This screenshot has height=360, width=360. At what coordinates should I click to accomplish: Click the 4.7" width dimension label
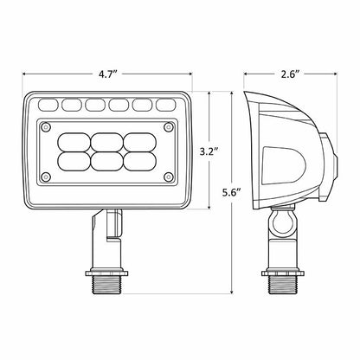point(107,74)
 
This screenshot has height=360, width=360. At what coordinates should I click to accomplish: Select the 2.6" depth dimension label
point(291,74)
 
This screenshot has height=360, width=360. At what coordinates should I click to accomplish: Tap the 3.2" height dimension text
point(209,151)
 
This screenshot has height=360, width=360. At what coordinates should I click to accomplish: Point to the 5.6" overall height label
point(232,192)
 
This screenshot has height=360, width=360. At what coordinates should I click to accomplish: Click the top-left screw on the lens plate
point(46,127)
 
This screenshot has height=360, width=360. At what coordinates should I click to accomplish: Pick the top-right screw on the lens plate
point(169,127)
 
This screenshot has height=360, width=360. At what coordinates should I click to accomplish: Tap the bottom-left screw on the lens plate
point(46,177)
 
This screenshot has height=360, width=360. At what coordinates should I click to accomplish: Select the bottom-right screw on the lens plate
point(169,177)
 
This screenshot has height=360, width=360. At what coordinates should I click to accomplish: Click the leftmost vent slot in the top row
point(48,105)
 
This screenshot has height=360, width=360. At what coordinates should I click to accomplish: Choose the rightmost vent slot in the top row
point(166,105)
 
